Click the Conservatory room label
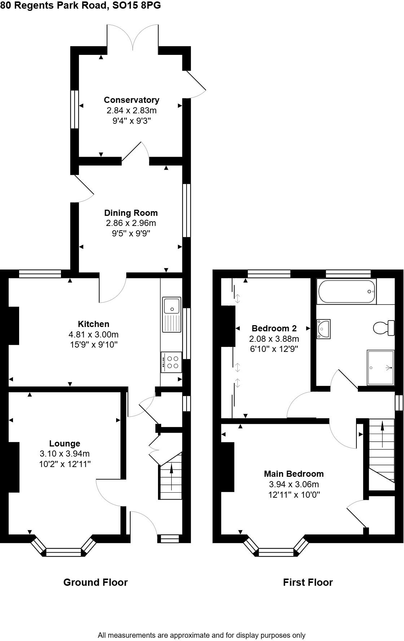131,100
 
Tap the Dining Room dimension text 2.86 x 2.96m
131,223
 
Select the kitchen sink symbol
171,314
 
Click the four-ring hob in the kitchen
171,362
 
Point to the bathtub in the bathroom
346,292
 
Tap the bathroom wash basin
323,329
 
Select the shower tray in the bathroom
381,367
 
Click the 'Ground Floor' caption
95,582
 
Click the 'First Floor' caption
308,582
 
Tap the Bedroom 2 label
274,328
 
